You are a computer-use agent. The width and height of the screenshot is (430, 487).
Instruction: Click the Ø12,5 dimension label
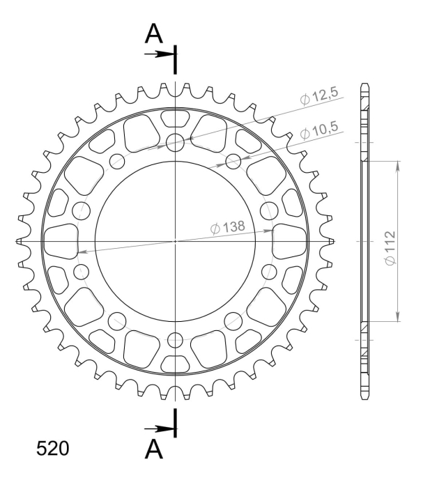pyautogui.click(x=319, y=96)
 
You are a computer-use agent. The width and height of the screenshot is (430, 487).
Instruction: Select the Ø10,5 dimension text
pyautogui.click(x=319, y=130)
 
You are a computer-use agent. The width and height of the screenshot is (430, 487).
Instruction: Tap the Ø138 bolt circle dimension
pyautogui.click(x=228, y=228)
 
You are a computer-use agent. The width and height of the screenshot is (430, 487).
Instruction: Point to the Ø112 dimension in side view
pyautogui.click(x=390, y=247)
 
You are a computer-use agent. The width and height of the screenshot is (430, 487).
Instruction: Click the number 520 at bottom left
pyautogui.click(x=52, y=449)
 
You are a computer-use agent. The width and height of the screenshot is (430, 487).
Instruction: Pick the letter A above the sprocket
pyautogui.click(x=154, y=33)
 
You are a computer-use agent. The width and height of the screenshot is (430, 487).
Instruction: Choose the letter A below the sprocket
pyautogui.click(x=154, y=449)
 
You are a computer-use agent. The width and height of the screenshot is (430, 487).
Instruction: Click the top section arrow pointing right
pyautogui.click(x=159, y=54)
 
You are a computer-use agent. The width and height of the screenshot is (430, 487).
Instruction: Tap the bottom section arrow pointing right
pyautogui.click(x=159, y=429)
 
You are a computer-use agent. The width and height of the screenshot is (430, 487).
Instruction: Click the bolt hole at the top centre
pyautogui.click(x=175, y=143)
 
